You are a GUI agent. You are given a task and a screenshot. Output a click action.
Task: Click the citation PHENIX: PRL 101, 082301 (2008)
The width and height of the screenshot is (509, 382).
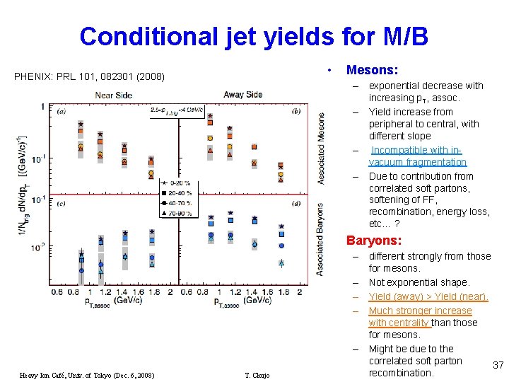[x=88, y=76]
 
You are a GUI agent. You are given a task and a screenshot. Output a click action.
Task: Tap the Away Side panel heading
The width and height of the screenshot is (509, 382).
[x=242, y=95]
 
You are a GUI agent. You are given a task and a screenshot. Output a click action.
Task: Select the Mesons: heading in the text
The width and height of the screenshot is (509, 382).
[x=372, y=70]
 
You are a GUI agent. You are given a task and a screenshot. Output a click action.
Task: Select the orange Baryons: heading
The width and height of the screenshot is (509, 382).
[x=374, y=241]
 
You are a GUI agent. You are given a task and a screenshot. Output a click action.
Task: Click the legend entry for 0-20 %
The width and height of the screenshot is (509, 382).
[x=179, y=183]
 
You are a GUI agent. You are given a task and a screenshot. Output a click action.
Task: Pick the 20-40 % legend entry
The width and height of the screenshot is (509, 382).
[x=179, y=192]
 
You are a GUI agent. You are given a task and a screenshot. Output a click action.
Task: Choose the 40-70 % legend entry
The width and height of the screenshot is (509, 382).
[x=179, y=202]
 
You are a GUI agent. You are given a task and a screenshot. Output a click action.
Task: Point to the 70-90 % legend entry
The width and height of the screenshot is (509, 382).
[x=179, y=211]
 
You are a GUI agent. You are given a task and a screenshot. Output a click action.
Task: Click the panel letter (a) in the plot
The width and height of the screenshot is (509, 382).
[x=62, y=110]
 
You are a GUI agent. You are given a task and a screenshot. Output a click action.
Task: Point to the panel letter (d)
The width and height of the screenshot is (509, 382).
[x=296, y=204]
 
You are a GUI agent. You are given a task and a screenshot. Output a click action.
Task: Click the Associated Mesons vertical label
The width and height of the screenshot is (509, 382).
[x=322, y=149]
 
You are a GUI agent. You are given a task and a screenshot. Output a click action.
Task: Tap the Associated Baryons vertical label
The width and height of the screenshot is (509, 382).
[x=322, y=239]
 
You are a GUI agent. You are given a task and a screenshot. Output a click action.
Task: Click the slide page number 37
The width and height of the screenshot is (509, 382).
[x=498, y=365]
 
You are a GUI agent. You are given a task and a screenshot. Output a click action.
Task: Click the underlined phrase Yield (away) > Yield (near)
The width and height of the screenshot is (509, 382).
[x=428, y=296]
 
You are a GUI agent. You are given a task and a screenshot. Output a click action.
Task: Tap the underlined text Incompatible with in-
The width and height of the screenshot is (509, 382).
[x=416, y=150]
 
